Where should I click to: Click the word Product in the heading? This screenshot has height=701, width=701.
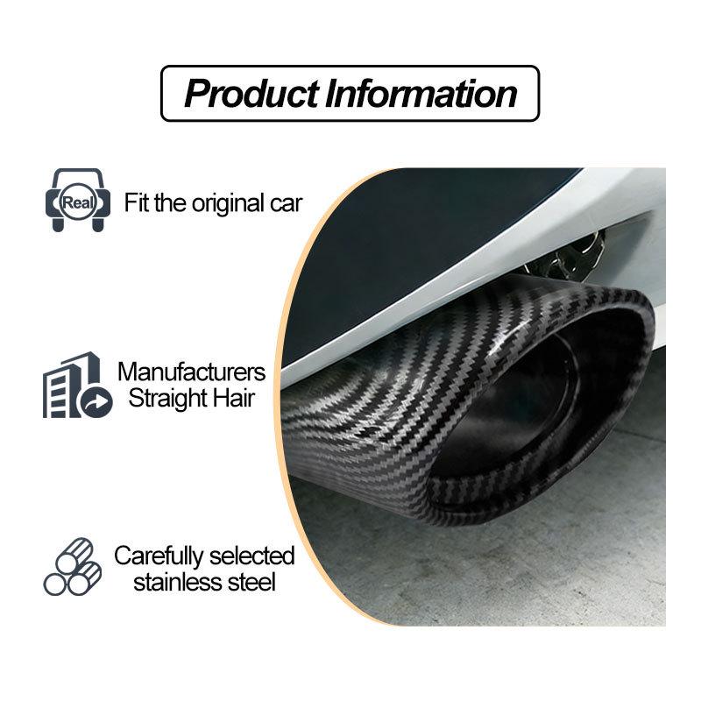[251, 94]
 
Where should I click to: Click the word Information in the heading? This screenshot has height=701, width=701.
[421, 94]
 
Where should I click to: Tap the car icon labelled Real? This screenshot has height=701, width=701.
[78, 200]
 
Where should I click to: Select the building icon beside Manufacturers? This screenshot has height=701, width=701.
[77, 385]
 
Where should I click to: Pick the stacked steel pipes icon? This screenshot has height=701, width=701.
[73, 566]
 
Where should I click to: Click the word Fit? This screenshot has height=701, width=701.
[137, 202]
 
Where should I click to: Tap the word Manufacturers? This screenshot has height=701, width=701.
[191, 372]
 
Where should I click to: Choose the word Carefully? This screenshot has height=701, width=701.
[159, 556]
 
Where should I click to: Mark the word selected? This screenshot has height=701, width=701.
[251, 556]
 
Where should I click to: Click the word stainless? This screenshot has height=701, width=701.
[178, 583]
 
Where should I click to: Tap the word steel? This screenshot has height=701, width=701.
[251, 583]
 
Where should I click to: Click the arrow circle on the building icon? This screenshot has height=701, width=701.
[97, 402]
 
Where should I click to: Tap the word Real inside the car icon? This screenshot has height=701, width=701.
[78, 202]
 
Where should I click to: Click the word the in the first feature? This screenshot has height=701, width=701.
[171, 202]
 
